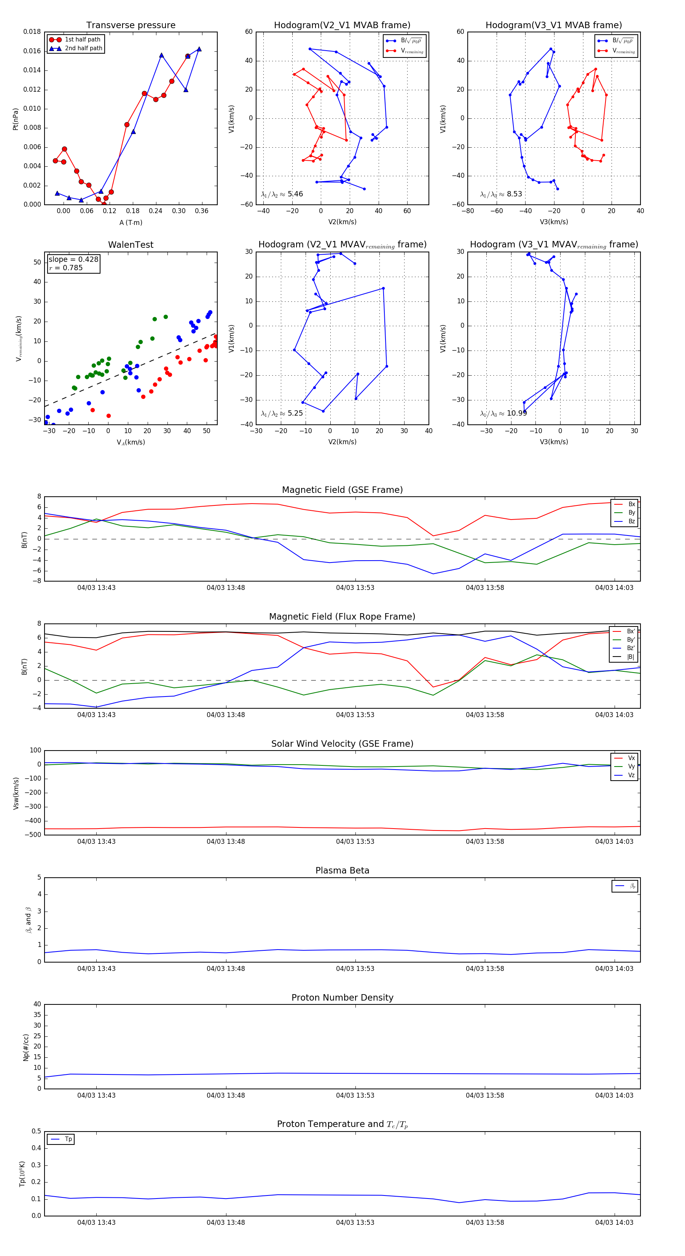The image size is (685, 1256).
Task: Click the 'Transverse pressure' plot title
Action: coord(131,26)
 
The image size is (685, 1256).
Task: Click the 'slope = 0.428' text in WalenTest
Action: coord(73,260)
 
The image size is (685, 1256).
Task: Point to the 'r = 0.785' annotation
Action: coord(66,268)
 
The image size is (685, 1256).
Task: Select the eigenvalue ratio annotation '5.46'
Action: coord(295,194)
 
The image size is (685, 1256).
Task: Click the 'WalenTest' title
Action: coord(131,245)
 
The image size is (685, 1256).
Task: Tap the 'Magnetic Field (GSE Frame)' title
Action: coord(342,490)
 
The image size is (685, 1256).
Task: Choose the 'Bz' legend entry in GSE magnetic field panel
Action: coord(631,521)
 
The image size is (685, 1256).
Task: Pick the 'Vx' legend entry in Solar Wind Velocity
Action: coord(631,758)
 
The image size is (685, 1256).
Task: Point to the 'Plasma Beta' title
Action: coord(342,871)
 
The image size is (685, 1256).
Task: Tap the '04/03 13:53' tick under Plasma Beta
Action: coord(355,969)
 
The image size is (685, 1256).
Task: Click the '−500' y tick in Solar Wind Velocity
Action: coord(33,835)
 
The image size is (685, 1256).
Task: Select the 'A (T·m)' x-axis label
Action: coord(131,223)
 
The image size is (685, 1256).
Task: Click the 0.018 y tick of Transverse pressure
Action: coord(32,32)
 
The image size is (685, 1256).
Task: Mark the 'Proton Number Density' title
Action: coord(342,998)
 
